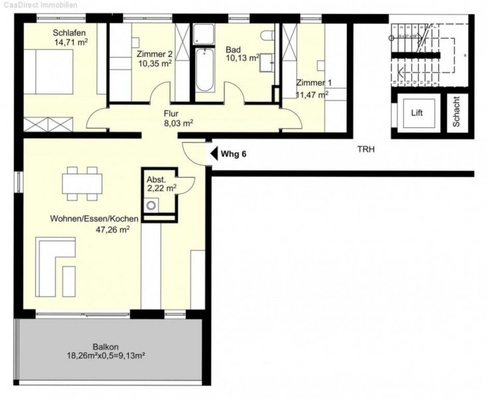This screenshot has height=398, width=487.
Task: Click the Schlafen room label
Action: [x=69, y=33]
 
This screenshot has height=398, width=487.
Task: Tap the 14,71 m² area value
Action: [x=72, y=43]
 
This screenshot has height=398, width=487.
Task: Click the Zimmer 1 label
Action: [x=312, y=84]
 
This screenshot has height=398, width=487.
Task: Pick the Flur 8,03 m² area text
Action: [x=178, y=123]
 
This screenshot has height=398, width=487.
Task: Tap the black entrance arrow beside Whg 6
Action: [x=214, y=154]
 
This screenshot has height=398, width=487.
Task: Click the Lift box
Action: [x=416, y=113]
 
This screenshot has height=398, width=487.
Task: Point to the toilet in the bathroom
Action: [x=267, y=36]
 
